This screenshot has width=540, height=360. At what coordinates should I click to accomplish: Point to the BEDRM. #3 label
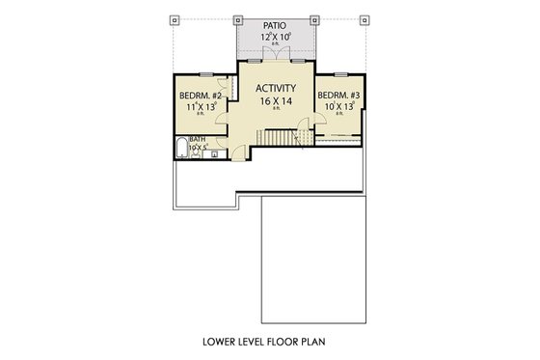[x=338, y=96]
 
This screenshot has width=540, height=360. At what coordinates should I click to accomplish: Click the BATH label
[x=197, y=139]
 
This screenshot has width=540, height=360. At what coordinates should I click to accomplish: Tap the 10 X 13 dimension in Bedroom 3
[x=337, y=107]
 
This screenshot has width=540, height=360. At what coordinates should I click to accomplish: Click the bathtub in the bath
[x=180, y=150]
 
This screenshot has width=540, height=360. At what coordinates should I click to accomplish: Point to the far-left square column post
[x=175, y=18]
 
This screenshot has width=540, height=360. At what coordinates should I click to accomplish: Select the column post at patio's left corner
[x=237, y=18]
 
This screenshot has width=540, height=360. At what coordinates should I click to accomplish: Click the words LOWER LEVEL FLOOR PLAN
[x=269, y=342]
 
